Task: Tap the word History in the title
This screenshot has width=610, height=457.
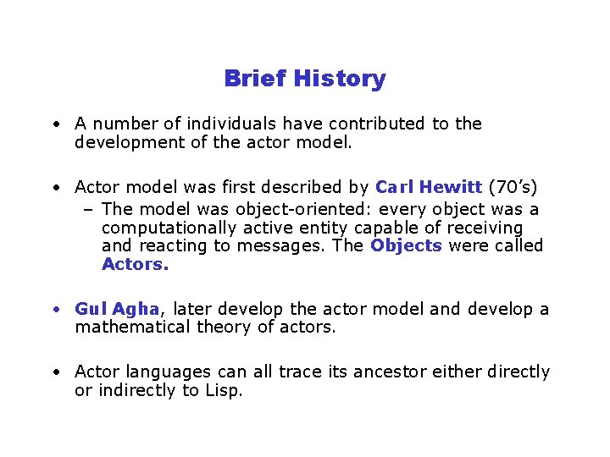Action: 339,79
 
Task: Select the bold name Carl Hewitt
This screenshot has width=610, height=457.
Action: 429,186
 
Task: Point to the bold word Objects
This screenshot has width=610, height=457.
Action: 406,245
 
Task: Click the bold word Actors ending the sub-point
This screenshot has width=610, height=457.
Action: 135,264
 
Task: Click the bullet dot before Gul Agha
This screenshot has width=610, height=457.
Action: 54,310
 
